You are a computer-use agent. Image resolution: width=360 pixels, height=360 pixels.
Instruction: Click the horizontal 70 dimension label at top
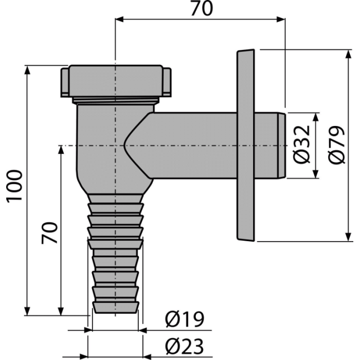click(202, 9)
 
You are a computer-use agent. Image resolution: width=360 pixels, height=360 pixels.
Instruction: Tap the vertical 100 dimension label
click(14, 186)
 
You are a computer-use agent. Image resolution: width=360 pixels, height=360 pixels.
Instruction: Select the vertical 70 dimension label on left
click(49, 232)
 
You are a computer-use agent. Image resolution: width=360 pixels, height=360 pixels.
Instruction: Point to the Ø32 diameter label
click(302, 145)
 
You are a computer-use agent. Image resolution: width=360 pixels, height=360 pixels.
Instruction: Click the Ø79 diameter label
click(336, 145)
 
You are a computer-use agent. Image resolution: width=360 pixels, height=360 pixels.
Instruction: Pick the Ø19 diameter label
click(185, 319)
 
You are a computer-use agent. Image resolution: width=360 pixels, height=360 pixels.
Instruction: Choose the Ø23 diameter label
click(185, 346)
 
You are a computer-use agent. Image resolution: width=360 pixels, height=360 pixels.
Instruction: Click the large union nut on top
click(116, 81)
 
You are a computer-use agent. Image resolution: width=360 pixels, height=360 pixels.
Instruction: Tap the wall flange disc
click(246, 145)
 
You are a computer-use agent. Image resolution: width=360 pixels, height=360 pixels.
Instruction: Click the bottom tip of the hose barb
click(116, 312)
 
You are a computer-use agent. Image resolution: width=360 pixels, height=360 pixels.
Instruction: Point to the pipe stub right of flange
click(271, 146)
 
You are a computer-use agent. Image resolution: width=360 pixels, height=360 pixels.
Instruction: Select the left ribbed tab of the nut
click(65, 81)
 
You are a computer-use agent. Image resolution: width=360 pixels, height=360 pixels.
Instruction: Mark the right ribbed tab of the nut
click(167, 81)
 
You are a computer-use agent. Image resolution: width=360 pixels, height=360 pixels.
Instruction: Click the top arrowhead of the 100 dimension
click(27, 70)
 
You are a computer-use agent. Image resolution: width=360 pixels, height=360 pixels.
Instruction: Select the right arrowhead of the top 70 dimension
click(281, 20)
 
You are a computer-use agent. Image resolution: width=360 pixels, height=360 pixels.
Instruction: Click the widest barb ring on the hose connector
click(116, 244)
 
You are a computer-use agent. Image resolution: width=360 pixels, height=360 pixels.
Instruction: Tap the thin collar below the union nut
click(116, 101)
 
